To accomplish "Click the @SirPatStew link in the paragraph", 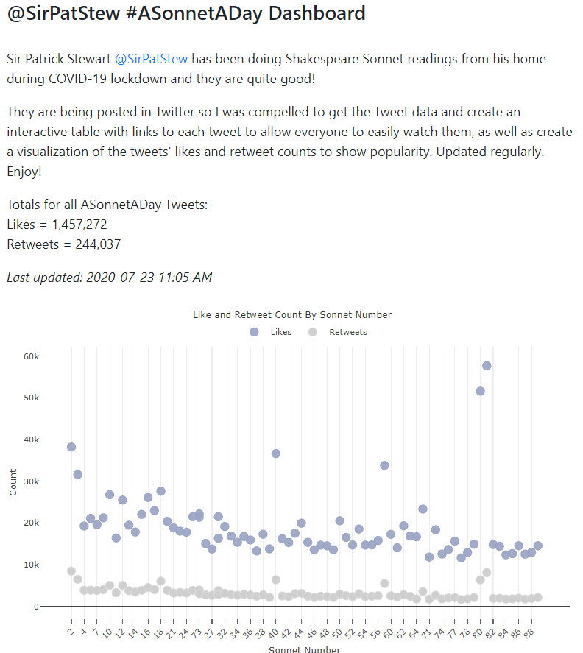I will [151, 59].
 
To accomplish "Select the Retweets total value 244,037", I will [91, 244].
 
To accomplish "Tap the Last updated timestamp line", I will [109, 278].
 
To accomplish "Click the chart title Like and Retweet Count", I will [291, 314].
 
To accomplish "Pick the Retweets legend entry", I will [339, 332].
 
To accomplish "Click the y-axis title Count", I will [13, 481].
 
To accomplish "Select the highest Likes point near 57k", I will [487, 366].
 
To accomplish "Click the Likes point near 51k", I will [480, 391].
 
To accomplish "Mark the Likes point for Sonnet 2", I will [71, 447].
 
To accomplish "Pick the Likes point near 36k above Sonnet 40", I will [276, 453].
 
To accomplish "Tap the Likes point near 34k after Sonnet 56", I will [384, 465].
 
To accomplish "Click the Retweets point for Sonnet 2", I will [71, 571].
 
